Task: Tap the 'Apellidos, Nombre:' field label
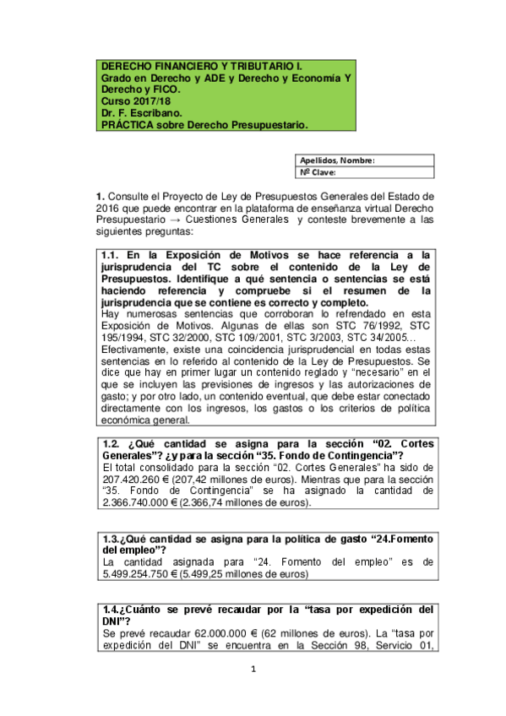(x=338, y=160)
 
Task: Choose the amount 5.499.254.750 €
(x=139, y=573)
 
